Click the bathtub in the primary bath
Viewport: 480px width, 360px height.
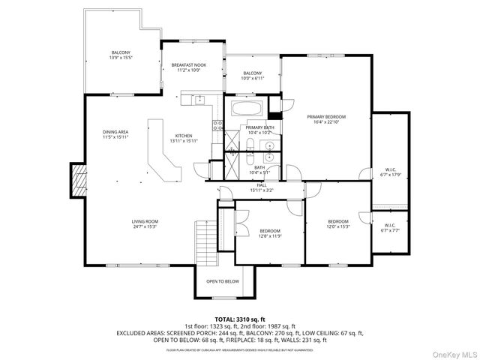point(245,108)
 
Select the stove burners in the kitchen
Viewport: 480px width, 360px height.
point(217,126)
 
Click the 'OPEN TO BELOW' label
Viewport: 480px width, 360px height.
point(223,281)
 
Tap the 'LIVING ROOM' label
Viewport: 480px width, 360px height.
point(145,221)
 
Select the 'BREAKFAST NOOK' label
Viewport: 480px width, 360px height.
point(189,66)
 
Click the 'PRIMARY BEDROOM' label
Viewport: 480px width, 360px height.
point(326,117)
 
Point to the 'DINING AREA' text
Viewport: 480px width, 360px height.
point(115,133)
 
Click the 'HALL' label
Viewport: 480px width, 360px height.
point(262,184)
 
